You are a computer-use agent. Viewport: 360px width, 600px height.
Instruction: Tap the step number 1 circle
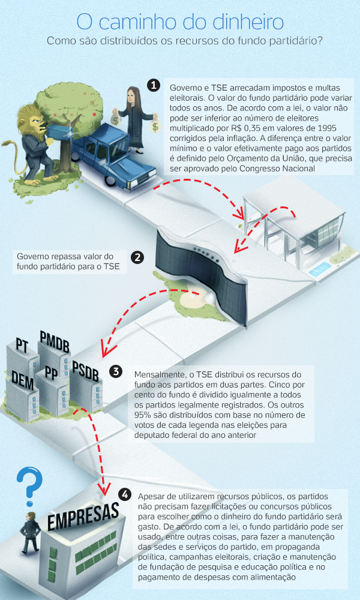point(154,86)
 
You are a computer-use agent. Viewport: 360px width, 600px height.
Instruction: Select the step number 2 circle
point(138,258)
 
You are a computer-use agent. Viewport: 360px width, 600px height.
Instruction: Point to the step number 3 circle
point(116,372)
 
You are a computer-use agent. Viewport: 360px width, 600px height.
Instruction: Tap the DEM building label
point(22,378)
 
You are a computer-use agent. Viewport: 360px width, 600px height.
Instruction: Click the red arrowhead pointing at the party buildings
point(107,349)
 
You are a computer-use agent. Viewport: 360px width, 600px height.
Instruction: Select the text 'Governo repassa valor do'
point(62,255)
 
